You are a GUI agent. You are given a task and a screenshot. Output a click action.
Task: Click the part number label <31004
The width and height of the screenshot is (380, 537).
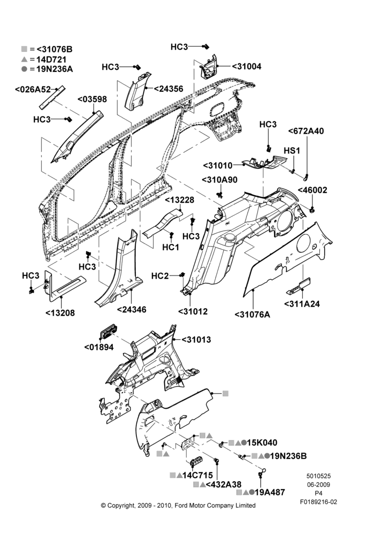click(246, 67)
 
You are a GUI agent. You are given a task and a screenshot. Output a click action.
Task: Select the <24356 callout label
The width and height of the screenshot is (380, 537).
click(168, 89)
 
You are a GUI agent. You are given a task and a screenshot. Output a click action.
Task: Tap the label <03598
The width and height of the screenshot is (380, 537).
click(92, 99)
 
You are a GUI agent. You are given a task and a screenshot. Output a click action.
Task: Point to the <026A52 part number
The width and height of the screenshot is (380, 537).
click(33, 89)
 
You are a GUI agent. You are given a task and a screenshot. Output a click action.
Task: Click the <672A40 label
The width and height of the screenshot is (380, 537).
click(306, 131)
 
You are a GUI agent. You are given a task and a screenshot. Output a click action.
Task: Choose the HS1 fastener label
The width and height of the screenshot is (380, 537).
click(291, 150)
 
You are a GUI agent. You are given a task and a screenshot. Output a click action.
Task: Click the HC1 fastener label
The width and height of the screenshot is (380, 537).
click(171, 247)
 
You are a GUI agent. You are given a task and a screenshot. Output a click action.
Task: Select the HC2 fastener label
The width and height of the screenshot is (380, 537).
click(160, 276)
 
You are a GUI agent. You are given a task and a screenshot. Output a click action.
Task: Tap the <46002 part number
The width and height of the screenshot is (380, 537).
click(312, 190)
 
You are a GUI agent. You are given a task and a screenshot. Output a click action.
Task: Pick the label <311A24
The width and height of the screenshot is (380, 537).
click(302, 304)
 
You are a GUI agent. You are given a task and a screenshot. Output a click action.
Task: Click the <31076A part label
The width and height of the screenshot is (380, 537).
click(252, 314)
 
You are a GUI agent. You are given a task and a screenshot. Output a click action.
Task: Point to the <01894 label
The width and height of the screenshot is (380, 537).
click(99, 347)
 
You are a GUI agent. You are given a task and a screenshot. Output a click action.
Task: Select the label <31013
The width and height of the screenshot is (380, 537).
click(196, 340)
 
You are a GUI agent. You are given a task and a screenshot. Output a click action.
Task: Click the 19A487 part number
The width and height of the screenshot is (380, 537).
click(270, 492)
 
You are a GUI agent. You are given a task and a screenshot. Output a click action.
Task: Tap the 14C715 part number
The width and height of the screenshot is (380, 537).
click(198, 475)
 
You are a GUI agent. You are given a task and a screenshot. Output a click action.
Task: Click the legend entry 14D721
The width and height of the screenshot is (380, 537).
click(52, 59)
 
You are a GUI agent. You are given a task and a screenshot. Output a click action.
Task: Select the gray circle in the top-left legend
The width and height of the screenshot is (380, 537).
click(24, 69)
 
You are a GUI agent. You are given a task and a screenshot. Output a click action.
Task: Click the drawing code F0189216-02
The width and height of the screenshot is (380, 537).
click(318, 502)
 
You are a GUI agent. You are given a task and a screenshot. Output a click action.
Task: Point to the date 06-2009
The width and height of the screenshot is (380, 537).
click(318, 484)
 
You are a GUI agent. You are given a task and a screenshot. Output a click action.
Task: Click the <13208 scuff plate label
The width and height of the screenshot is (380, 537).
click(60, 313)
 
